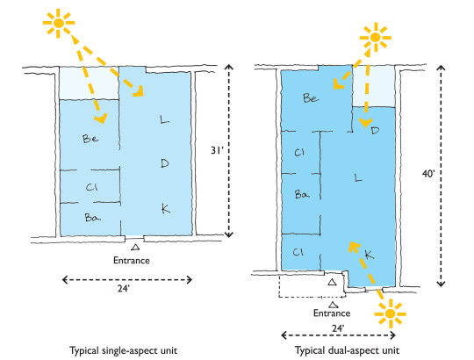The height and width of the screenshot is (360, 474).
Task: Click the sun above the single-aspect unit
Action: (x=59, y=23)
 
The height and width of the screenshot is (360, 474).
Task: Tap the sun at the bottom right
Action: (x=391, y=313)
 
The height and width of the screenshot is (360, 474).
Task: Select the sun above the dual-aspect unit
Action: (x=375, y=38)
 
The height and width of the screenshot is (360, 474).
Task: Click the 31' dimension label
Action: (x=217, y=150)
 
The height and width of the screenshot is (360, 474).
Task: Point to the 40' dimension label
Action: (x=428, y=174)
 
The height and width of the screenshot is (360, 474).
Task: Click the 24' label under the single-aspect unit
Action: (x=124, y=288)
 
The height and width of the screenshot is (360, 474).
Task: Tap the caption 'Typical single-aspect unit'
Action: (x=124, y=350)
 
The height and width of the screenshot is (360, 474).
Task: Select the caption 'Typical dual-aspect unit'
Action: (x=347, y=350)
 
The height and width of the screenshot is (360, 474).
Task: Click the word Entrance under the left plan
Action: (x=132, y=260)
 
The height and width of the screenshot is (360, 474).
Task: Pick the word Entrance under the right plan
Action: (x=332, y=313)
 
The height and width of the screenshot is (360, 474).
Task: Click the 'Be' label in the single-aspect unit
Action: (x=90, y=139)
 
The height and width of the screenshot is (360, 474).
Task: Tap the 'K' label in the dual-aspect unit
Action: (x=370, y=255)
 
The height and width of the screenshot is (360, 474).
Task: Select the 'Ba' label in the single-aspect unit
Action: (x=92, y=218)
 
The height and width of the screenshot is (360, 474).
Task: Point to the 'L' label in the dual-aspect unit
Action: (x=358, y=177)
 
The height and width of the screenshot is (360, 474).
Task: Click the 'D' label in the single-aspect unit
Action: (x=165, y=163)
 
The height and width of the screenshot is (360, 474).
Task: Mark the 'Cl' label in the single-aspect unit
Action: (x=91, y=187)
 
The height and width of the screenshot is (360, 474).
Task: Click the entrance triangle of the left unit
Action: (x=135, y=247)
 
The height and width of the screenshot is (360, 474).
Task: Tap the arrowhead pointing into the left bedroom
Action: (x=101, y=118)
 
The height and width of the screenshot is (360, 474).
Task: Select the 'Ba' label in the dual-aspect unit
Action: (x=302, y=194)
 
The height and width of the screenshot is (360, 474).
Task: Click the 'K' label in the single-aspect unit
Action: (x=166, y=208)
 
